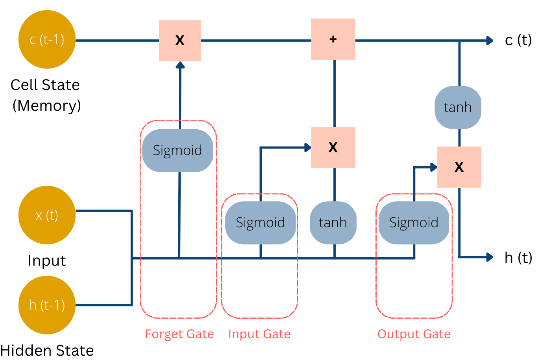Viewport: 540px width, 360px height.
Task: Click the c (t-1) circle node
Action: pos(47,39)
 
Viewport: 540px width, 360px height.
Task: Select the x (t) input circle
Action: pos(47,215)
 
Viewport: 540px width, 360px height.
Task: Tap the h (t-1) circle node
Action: pos(47,305)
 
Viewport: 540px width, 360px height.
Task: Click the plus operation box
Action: pos(333,39)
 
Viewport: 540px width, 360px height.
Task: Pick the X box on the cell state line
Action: pos(180,40)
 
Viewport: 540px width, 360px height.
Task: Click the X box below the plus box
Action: pos(333,147)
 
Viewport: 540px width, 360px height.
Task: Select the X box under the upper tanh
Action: pos(459,167)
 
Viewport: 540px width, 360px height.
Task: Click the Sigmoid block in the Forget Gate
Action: pos(178,150)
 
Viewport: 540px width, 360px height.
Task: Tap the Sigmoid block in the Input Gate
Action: pos(260,223)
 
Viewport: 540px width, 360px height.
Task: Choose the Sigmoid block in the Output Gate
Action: pos(414,223)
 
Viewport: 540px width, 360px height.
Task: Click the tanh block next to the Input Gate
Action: pos(333,223)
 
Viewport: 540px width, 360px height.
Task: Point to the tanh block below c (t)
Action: pos(458,107)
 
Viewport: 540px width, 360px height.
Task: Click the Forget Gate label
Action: pos(179,334)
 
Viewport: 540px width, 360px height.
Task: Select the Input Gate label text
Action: pos(259,334)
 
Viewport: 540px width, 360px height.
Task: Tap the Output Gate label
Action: pos(414,334)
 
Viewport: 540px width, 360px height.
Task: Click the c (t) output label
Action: pos(518,40)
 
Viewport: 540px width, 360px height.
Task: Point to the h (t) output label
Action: pos(518,258)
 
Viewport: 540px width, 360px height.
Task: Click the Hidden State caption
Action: pos(47,350)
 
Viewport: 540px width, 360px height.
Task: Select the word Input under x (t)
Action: pos(47,260)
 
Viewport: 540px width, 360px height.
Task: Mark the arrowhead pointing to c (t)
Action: pos(490,40)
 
